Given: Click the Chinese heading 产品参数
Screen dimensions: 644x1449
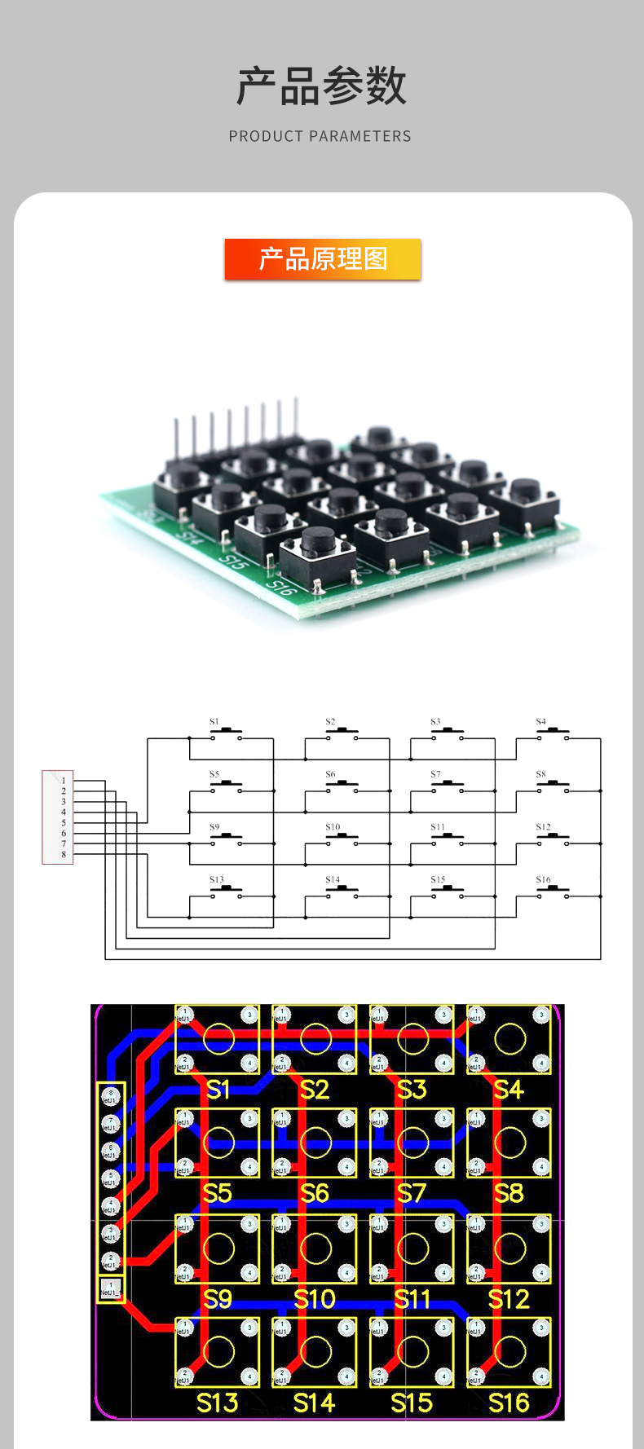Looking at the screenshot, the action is (x=321, y=86).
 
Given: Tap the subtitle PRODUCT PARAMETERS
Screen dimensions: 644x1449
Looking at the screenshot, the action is (x=320, y=136).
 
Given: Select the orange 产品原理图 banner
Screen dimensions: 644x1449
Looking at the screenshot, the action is (x=323, y=259).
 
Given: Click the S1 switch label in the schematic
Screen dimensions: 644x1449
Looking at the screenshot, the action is (x=214, y=721).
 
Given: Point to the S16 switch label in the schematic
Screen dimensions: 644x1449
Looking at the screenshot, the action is (x=543, y=879).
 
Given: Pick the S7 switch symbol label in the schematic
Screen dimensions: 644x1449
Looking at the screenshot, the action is (x=435, y=774).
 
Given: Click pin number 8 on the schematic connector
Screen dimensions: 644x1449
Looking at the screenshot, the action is (x=64, y=854).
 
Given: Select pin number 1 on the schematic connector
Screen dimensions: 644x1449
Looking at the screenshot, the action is (x=64, y=781).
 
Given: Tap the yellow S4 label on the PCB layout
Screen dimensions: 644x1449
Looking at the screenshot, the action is (x=508, y=1090).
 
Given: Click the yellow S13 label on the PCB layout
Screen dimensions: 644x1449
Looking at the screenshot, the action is (x=217, y=1403).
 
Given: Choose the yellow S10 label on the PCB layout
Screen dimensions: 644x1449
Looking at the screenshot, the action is (x=314, y=1298).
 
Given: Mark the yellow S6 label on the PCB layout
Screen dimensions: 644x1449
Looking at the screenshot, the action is (x=314, y=1194).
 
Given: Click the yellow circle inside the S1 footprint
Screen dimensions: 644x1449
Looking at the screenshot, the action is (x=218, y=1038).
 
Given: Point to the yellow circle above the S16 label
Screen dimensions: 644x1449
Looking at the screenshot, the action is (x=510, y=1352).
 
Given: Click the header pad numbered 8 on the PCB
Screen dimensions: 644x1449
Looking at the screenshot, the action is (x=110, y=1094).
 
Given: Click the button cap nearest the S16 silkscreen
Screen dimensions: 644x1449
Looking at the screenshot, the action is (x=318, y=542).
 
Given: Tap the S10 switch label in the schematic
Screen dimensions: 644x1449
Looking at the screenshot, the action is (x=333, y=827).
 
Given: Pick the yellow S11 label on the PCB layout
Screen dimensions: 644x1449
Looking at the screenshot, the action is (x=412, y=1298).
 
